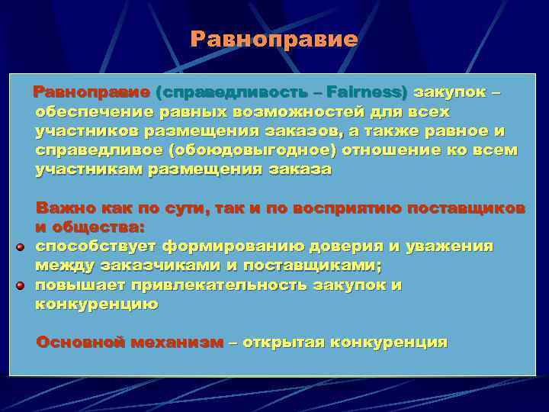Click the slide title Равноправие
pos(274,39)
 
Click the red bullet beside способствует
pos(21,247)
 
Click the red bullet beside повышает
pos(21,286)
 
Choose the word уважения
pos(450,246)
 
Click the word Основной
pos(80,342)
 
